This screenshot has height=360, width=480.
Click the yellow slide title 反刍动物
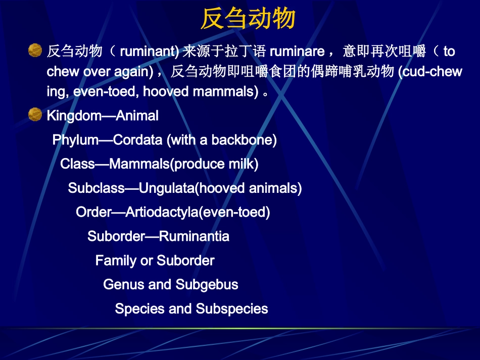(248, 18)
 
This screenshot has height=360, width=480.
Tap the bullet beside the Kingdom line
(35, 115)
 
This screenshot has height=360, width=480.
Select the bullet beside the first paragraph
(35, 50)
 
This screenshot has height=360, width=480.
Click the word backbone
(242, 140)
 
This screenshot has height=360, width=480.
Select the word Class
(77, 164)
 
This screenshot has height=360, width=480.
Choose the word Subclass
(96, 188)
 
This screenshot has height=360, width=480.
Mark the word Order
(93, 212)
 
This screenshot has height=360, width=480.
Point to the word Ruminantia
(194, 236)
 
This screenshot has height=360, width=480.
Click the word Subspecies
(232, 309)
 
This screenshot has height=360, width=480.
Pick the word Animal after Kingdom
(137, 116)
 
